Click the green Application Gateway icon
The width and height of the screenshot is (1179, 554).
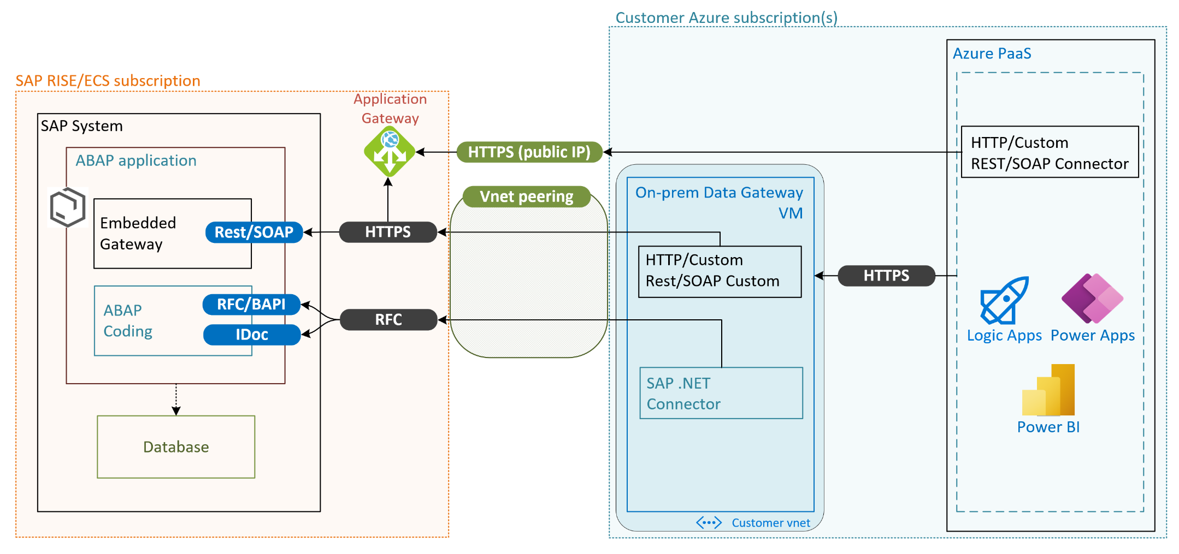(390, 152)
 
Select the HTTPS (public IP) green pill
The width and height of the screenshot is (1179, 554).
(529, 152)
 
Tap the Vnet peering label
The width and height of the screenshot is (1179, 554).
(527, 196)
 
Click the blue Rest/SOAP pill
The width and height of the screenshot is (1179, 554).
(254, 232)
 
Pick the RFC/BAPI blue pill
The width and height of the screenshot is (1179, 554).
(251, 304)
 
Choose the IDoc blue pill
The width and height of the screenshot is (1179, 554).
(252, 335)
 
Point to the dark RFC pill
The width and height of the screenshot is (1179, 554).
(388, 319)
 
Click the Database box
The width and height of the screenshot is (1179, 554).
(176, 447)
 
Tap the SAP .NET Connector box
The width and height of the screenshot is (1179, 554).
(721, 393)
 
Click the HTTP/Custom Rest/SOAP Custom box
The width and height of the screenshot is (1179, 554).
(720, 272)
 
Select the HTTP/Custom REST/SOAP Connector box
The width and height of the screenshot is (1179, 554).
(1050, 152)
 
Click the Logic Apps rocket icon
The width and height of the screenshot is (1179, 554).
(1004, 300)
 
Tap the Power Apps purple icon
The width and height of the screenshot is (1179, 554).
(1093, 299)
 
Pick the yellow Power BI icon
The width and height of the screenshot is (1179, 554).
(1048, 390)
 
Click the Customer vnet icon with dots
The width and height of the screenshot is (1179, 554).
(709, 523)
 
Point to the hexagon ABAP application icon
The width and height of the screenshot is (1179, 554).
(68, 207)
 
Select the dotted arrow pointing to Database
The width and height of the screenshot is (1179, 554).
(176, 400)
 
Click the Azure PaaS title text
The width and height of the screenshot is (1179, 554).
(992, 53)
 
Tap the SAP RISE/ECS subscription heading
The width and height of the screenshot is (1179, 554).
(108, 81)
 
